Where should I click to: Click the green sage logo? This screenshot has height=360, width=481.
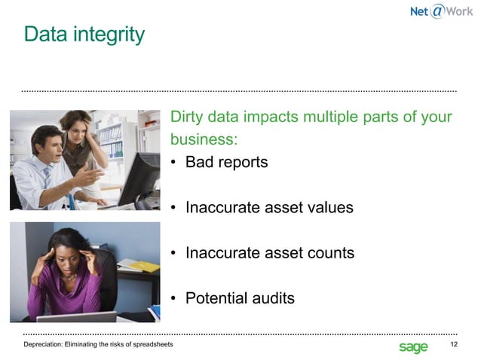(x=413, y=346)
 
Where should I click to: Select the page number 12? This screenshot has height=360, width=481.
(x=453, y=345)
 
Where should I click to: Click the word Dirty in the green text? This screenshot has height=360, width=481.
(x=188, y=118)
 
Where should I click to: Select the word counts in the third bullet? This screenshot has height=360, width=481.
(x=329, y=253)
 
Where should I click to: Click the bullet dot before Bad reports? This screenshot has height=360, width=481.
(x=174, y=163)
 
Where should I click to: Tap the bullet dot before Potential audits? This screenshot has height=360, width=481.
(x=174, y=299)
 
